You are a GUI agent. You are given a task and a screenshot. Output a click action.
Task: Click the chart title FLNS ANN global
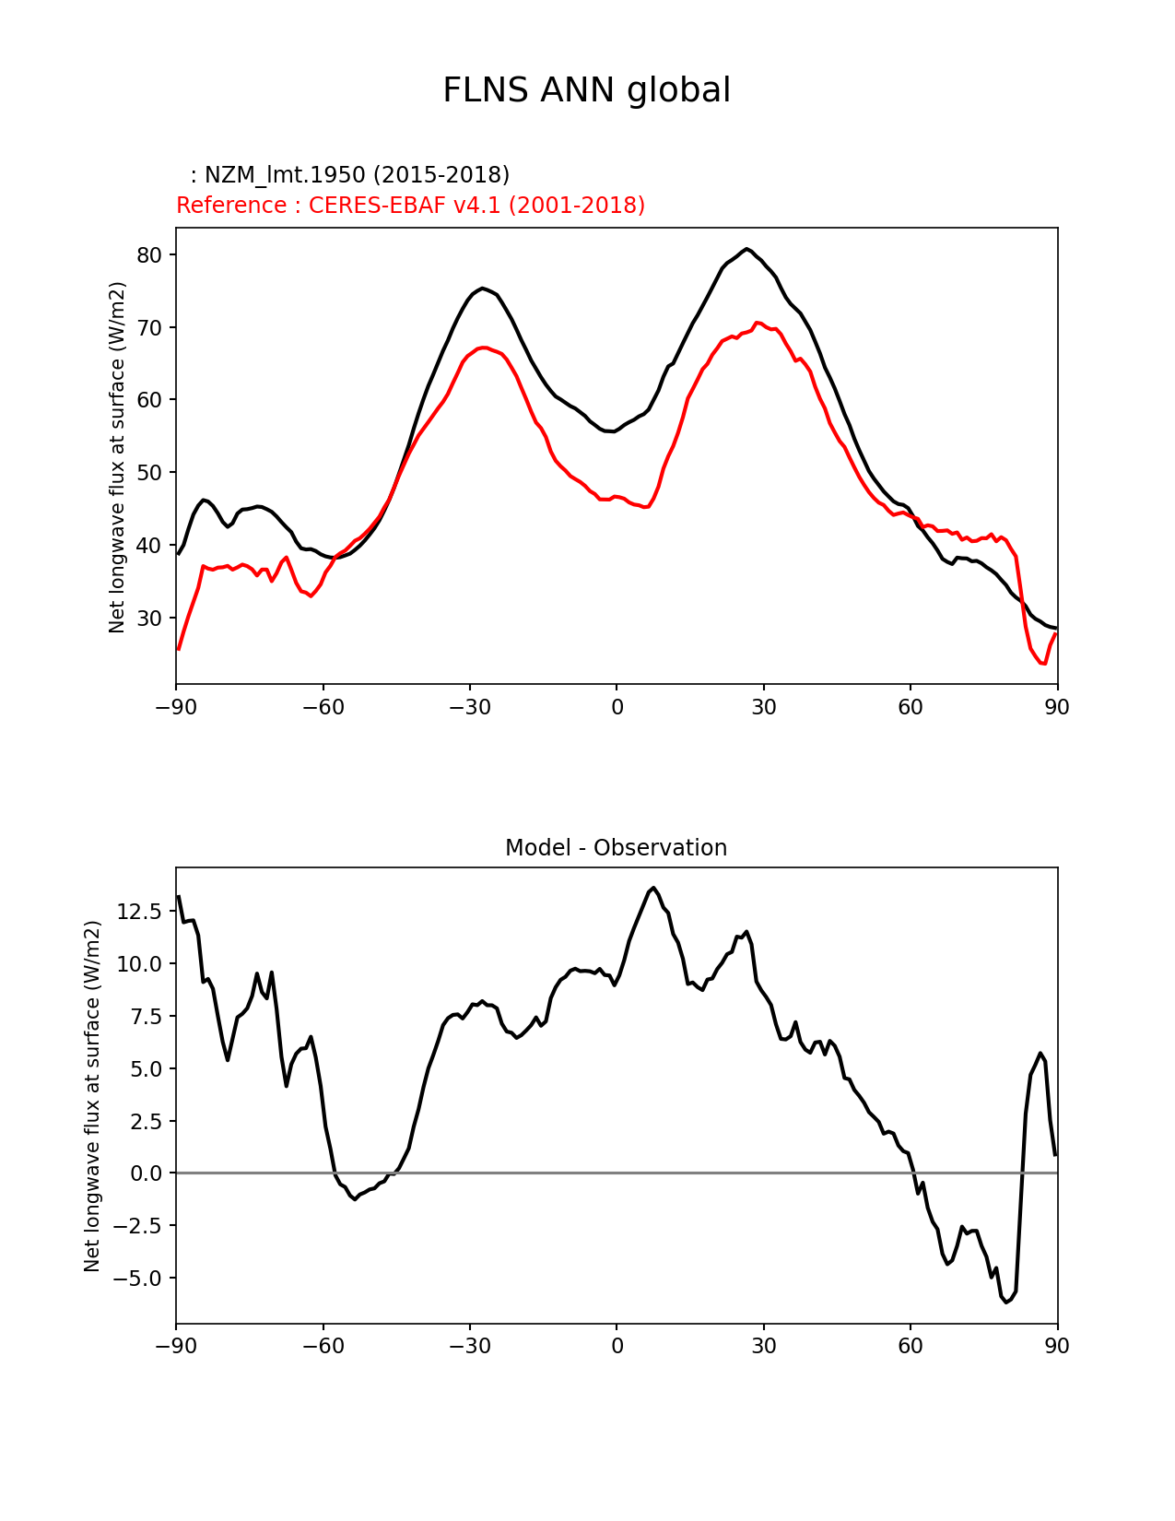pos(586,91)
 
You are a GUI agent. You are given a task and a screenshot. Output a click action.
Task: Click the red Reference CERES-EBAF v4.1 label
pos(410,206)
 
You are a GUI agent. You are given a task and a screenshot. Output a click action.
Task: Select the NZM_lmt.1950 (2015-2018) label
pos(350,175)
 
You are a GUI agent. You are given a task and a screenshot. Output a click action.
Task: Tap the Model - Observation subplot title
pos(616,848)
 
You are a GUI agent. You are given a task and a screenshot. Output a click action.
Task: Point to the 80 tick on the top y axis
pos(149,255)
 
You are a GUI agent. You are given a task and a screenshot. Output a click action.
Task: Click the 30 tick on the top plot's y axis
pos(149,619)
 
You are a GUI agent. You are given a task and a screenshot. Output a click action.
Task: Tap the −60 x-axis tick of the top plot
pos(323,707)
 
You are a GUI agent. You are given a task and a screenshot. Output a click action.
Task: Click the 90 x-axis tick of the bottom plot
pos(1057,1347)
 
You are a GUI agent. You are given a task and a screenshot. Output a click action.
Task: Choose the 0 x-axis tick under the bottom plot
pos(617,1347)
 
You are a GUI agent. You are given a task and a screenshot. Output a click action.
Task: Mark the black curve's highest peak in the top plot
pos(747,249)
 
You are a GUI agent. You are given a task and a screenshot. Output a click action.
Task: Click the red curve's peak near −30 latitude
pos(483,348)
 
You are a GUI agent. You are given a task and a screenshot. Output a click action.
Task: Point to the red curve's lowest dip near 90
pos(1043,664)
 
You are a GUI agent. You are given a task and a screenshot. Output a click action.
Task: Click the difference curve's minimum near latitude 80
pos(1006,1302)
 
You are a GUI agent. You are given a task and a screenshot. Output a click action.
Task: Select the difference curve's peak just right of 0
pos(653,888)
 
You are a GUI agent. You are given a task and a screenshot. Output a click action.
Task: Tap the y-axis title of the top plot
pos(117,457)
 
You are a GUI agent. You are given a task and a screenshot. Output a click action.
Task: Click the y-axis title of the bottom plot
pos(92,1096)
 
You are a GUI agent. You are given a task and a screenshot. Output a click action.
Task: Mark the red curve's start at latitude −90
pos(178,649)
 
